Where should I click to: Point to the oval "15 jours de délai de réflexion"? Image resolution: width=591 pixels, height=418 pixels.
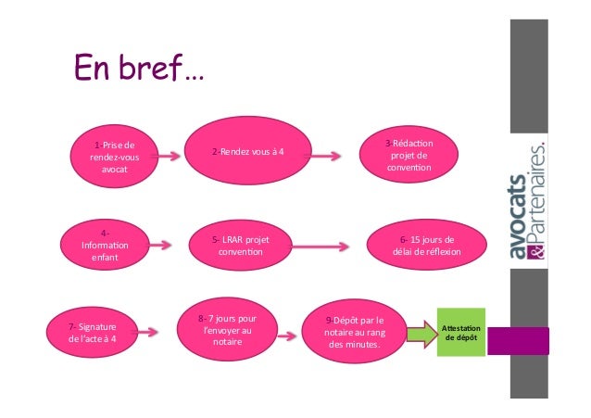(x=427, y=246)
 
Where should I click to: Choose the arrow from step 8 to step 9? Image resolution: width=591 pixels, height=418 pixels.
(x=291, y=330)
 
